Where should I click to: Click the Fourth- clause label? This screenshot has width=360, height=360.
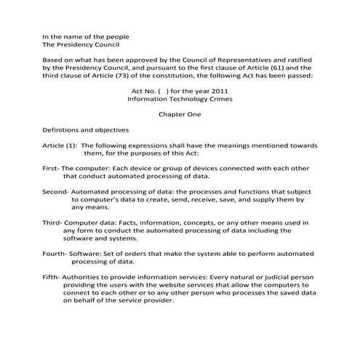pos(55,252)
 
